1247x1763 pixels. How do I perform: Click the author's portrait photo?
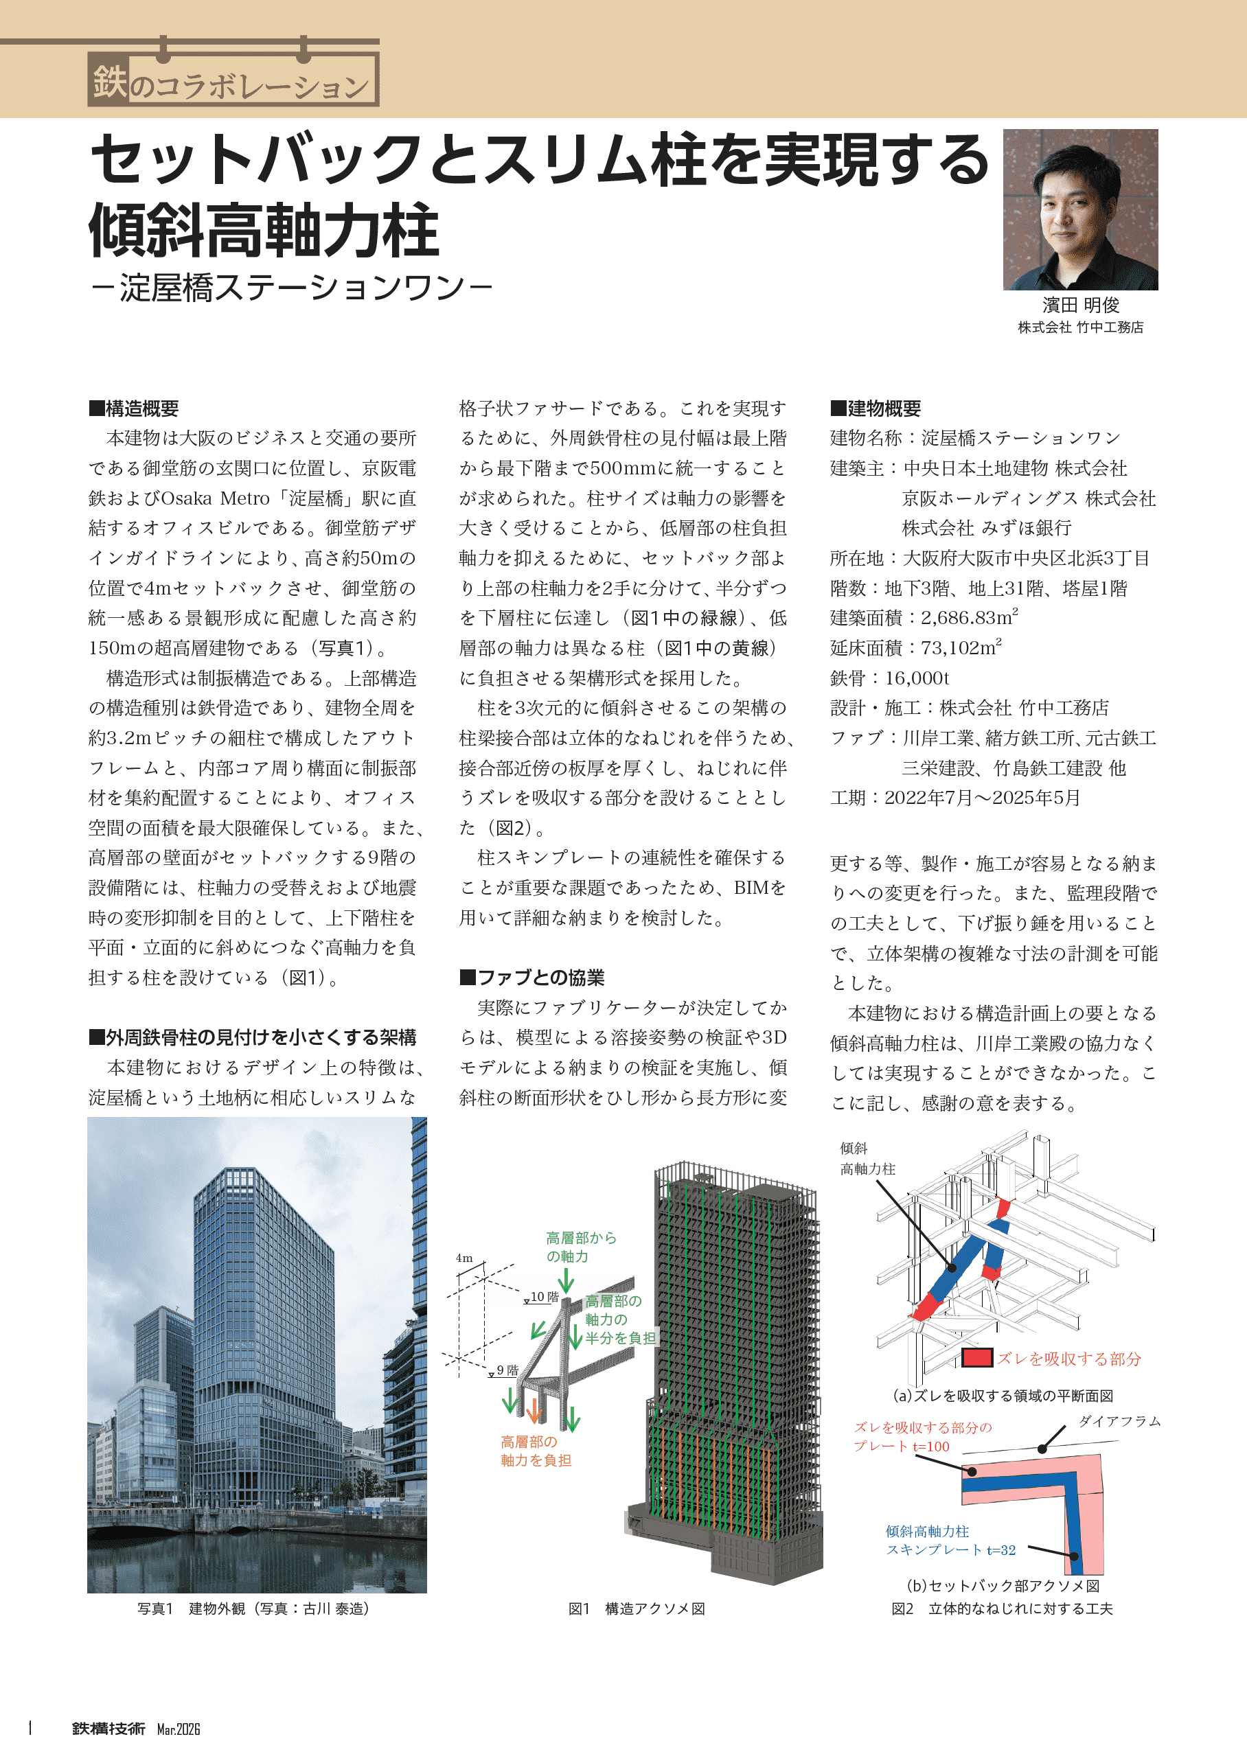1079,209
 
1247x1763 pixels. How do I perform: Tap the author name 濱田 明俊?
1080,305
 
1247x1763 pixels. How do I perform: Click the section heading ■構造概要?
134,408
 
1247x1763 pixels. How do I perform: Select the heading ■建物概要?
876,408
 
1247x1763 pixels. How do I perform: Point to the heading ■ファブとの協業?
531,978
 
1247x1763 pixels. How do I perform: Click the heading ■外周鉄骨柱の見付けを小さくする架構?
252,1037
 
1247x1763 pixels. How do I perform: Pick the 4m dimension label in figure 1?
464,1258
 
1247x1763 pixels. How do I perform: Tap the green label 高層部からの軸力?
580,1247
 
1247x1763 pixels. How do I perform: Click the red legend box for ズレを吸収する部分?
976,1357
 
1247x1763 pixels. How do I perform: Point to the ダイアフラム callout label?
1119,1420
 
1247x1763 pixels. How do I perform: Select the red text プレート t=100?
901,1446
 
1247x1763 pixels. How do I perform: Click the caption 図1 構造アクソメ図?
636,1609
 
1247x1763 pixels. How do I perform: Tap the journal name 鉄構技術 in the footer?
108,1729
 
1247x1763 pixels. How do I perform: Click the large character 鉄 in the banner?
109,82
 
